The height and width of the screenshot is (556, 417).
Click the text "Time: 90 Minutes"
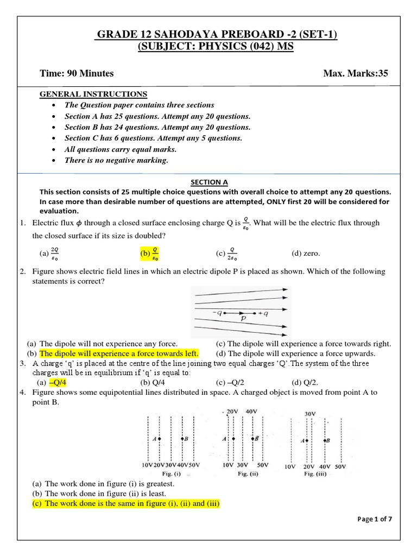coord(77,73)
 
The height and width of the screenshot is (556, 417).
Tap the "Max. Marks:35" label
coord(356,73)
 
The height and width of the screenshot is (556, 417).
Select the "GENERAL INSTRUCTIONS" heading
coord(93,94)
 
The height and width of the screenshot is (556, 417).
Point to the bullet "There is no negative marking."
coord(116,160)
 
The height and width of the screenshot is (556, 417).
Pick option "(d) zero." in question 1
coord(306,254)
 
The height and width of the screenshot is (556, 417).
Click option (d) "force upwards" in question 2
coord(302,353)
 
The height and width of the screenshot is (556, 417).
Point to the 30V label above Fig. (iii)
coord(310,414)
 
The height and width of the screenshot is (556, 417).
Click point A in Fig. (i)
coord(155,438)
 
